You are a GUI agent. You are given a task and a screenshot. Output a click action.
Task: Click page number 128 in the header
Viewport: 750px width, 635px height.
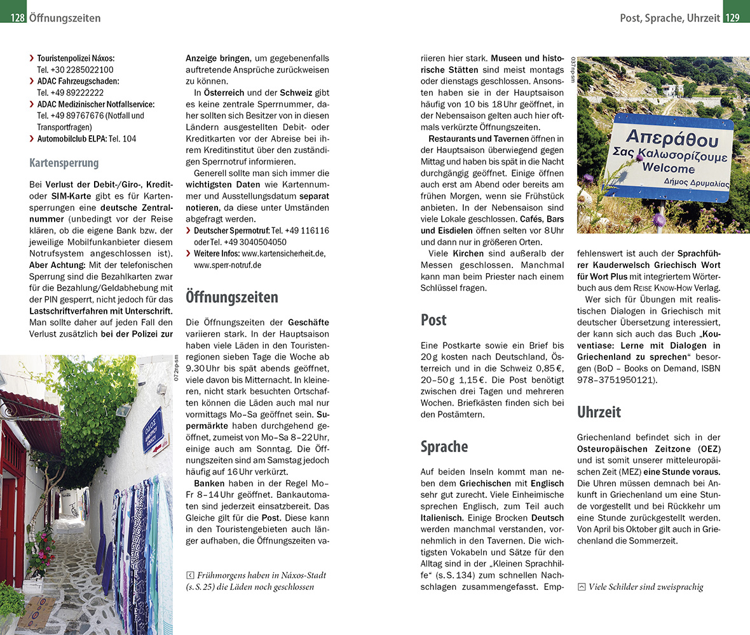[x=17, y=18]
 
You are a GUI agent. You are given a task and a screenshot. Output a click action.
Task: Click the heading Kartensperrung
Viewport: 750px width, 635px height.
[x=64, y=163]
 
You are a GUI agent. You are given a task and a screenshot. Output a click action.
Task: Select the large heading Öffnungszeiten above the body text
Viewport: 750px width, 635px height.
[x=231, y=297]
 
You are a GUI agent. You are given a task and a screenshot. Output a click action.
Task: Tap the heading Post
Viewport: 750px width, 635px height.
[x=433, y=320]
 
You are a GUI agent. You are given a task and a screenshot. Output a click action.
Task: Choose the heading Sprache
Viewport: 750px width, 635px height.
[x=444, y=446]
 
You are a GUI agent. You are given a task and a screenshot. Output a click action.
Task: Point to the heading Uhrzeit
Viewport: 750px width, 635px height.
[x=599, y=412]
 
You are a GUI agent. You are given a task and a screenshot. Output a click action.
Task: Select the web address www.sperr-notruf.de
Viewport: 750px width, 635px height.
[x=228, y=265]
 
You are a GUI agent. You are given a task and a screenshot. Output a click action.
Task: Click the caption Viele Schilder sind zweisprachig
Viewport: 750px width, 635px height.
[x=646, y=587]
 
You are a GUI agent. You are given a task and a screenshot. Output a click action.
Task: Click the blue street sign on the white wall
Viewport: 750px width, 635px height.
[x=153, y=429]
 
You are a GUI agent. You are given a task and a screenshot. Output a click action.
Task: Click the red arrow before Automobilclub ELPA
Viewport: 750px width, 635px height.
[x=32, y=138]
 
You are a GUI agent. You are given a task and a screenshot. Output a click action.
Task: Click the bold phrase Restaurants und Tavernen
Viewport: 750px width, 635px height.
[x=473, y=138]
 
